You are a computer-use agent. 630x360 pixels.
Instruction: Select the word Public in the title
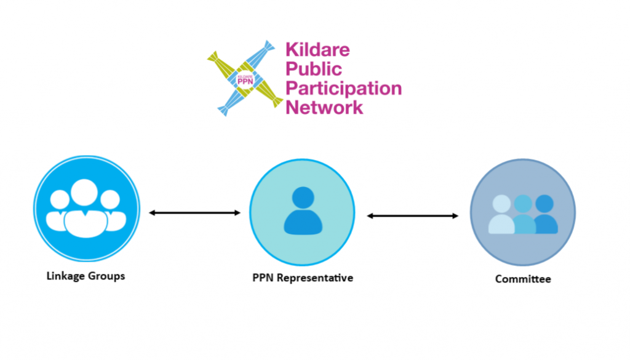[x=313, y=69]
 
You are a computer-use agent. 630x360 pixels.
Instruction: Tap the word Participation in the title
[x=343, y=88]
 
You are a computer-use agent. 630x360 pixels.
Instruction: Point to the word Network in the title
[x=324, y=107]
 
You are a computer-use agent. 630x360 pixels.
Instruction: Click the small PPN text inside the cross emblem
[x=245, y=79]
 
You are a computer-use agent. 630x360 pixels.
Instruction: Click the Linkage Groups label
[x=86, y=276]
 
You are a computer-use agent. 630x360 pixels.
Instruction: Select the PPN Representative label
[x=303, y=278]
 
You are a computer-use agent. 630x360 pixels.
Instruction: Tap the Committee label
[x=523, y=279]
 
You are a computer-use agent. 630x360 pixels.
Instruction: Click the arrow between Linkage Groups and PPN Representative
[x=194, y=213]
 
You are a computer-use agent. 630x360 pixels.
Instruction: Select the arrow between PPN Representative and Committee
[x=413, y=215]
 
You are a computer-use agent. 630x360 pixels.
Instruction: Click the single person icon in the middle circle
[x=302, y=212]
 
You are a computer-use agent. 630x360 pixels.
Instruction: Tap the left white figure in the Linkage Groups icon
[x=59, y=209]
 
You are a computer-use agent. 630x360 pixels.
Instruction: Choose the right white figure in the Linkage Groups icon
[x=111, y=209]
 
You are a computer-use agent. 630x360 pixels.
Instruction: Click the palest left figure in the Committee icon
[x=501, y=215]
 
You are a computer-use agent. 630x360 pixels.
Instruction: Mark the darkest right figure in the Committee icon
[x=545, y=215]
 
